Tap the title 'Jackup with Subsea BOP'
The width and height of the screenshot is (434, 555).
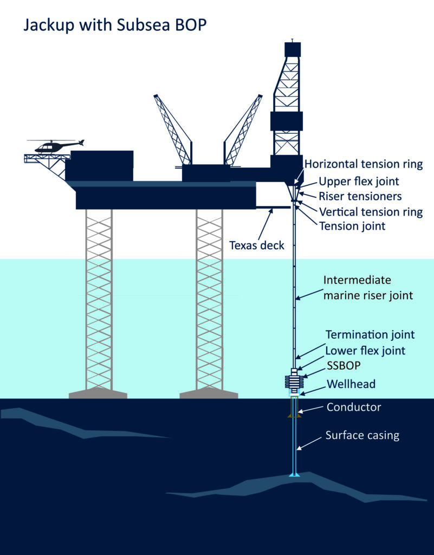click(x=115, y=25)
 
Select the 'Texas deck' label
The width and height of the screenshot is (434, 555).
click(x=257, y=245)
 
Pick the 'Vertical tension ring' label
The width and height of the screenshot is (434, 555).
click(x=371, y=211)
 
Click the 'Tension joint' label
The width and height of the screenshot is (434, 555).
click(x=353, y=226)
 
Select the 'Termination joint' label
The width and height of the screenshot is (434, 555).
click(x=370, y=334)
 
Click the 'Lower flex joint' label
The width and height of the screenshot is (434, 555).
click(x=365, y=351)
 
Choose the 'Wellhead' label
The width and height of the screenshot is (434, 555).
click(x=351, y=384)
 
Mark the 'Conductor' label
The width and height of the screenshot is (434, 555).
click(x=354, y=407)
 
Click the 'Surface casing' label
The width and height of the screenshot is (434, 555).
click(x=362, y=435)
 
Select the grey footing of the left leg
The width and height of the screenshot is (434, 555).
click(x=98, y=393)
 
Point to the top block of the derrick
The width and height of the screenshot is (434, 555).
click(x=293, y=49)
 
